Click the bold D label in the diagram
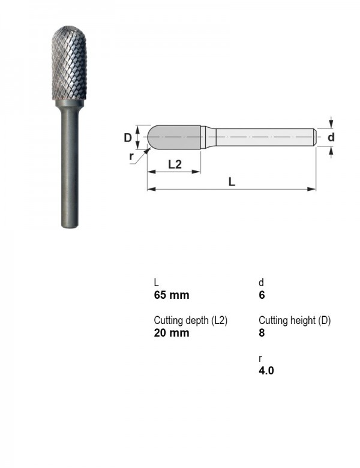[127, 137]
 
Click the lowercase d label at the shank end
[331, 137]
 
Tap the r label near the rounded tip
[131, 156]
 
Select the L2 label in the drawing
[175, 164]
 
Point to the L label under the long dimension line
[232, 181]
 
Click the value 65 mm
[172, 295]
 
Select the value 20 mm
[172, 332]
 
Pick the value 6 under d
[262, 295]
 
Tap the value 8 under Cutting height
[262, 332]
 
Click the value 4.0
[266, 370]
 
